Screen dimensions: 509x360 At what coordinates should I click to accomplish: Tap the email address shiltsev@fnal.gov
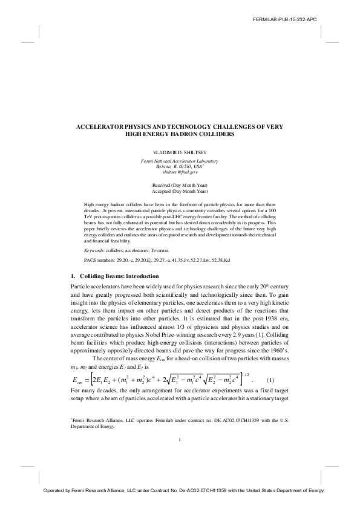click(x=180, y=172)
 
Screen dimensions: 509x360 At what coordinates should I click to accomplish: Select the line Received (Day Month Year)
click(x=180, y=184)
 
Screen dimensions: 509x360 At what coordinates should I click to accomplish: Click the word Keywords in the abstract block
click(x=94, y=250)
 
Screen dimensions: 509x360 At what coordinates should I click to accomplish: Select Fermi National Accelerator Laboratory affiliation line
click(x=180, y=161)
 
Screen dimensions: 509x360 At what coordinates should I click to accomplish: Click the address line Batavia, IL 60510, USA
click(x=180, y=166)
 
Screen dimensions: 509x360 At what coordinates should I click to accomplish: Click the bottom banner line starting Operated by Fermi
click(x=180, y=491)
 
